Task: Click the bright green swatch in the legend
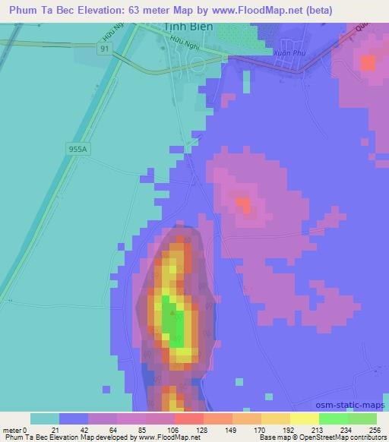pos(334,418)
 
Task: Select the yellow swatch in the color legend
pos(305,418)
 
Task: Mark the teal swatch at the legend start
pos(45,418)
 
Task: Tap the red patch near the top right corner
pos(368,63)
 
